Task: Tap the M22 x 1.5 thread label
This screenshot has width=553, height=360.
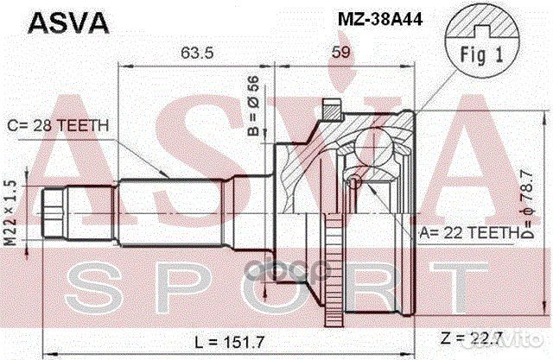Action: point(10,210)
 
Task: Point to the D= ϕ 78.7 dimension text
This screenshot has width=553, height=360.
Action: point(525,207)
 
